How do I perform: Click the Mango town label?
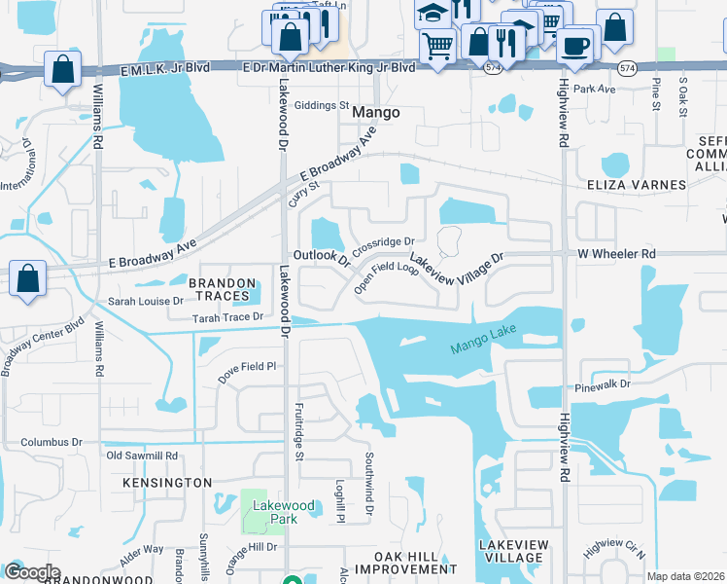375,113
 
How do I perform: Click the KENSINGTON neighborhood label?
167,483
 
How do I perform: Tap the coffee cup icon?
575,47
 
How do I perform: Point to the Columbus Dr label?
52,442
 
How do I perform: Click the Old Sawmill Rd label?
142,456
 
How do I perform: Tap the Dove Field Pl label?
247,368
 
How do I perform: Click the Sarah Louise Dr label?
146,302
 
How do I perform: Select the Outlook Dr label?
321,257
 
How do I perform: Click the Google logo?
31,572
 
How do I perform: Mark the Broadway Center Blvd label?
44,345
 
